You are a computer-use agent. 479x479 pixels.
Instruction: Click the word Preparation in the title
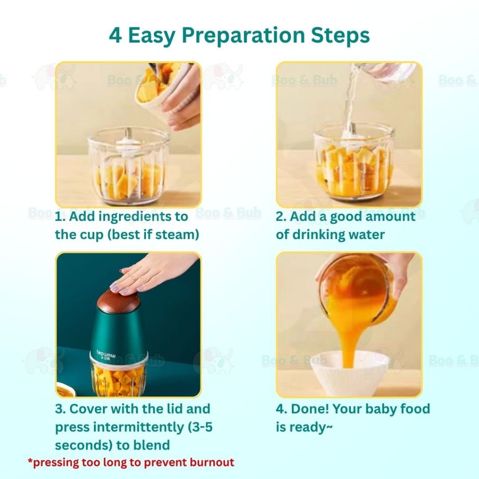point(243,36)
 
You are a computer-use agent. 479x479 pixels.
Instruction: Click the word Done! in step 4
point(310,409)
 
